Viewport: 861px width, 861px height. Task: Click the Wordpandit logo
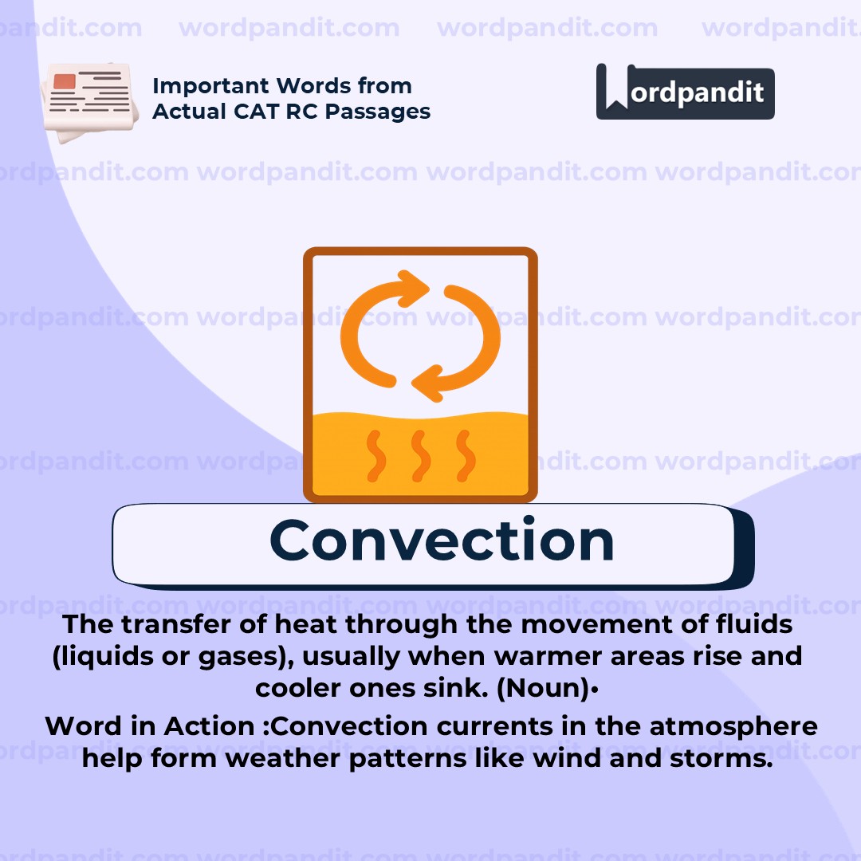[x=685, y=92]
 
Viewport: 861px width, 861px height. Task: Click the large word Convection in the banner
[x=442, y=541]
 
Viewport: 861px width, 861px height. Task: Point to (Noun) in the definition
[x=543, y=689]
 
